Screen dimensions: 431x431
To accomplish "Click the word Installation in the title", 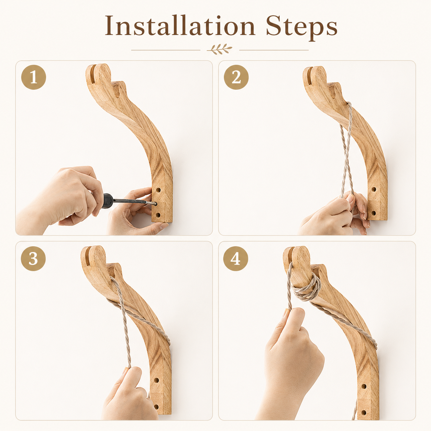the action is [x=180, y=25].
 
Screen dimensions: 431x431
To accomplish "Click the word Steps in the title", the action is [x=302, y=27].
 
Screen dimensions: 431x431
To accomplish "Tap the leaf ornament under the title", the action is [x=219, y=49].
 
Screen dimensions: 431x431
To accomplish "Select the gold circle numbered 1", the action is [x=34, y=77].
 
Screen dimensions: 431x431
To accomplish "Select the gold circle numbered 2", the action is [x=236, y=77].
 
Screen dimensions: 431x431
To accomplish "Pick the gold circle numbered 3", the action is [x=33, y=259].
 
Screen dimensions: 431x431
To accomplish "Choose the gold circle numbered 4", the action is [x=236, y=259].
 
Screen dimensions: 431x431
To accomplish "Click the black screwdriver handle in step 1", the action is [x=107, y=201].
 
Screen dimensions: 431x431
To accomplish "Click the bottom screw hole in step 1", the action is [x=158, y=215].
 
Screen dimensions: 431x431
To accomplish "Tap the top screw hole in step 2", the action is [x=374, y=190].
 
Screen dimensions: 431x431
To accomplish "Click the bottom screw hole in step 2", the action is [x=373, y=212].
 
